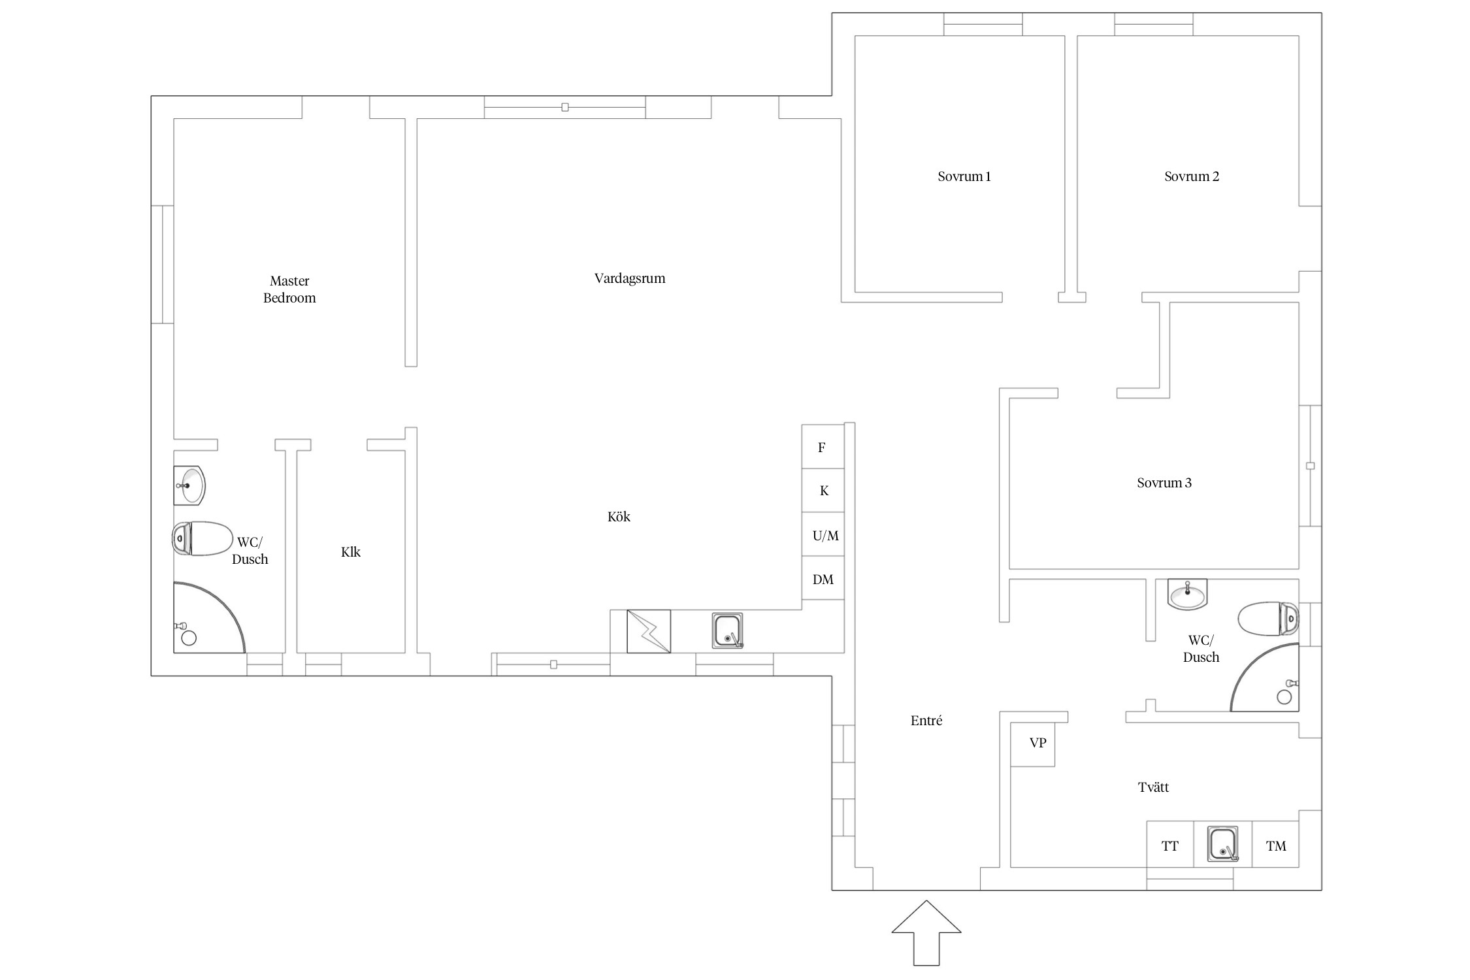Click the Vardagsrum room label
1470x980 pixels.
[630, 278]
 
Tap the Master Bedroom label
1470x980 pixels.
[289, 289]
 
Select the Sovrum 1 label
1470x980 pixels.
[964, 176]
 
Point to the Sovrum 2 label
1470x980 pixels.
[1192, 176]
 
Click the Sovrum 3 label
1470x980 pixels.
[1164, 483]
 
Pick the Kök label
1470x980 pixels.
[619, 517]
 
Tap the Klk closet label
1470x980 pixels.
[351, 552]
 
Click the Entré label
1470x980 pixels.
[926, 721]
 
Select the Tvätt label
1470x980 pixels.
[1153, 787]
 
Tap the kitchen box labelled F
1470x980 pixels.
[823, 447]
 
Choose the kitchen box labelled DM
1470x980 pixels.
[823, 579]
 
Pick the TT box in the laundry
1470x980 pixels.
[1170, 845]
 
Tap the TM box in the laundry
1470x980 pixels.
[1275, 845]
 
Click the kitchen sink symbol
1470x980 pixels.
[728, 630]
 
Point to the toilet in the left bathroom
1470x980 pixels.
[203, 538]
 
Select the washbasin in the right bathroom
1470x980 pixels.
[1187, 594]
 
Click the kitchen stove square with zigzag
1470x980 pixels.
[649, 631]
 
